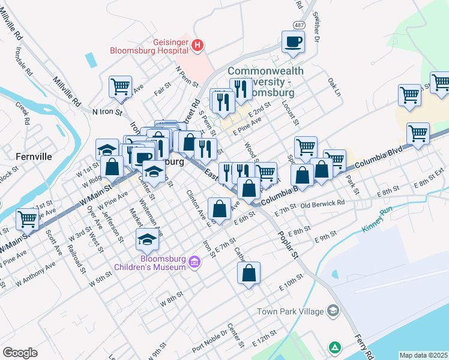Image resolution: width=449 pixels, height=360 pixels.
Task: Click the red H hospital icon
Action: coord(197,45)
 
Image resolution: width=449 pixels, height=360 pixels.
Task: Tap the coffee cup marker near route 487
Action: coord(293,42)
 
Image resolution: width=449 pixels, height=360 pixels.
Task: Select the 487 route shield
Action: coord(299,25)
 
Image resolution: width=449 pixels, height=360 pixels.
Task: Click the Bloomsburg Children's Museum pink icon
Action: coord(194,262)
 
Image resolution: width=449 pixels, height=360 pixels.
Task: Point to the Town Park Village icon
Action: coord(333,311)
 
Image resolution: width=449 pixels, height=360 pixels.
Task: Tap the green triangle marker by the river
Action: coord(334,347)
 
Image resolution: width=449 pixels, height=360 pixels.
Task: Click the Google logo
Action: coord(20,353)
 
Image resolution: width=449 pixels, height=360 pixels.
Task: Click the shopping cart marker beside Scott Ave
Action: coord(28,220)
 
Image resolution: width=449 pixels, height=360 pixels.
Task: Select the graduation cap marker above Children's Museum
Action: coord(147,240)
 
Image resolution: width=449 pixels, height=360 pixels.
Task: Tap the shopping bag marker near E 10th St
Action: coord(249,273)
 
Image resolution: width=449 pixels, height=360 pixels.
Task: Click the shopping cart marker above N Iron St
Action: coord(120,87)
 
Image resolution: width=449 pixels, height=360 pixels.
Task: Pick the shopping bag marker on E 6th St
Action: coord(220,209)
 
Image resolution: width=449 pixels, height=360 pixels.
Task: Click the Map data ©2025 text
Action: coord(424,355)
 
